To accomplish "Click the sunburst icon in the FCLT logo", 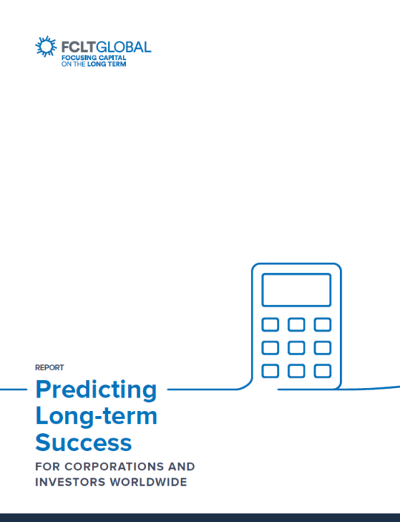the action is (46, 46).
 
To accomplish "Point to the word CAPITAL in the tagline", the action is (113, 58).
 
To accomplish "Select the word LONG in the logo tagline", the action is (96, 64).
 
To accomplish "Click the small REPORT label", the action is (50, 367).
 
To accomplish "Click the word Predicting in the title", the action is (96, 390).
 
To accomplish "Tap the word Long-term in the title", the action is (96, 416).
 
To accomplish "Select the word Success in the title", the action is (84, 443).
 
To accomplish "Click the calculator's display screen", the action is (296, 290).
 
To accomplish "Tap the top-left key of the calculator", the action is (270, 324).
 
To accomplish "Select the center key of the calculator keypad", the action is (296, 348).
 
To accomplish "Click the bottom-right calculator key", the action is (322, 371).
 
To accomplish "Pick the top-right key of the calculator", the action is (322, 324).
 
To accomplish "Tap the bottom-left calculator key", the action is (270, 371).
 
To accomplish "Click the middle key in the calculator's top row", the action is (296, 324).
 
